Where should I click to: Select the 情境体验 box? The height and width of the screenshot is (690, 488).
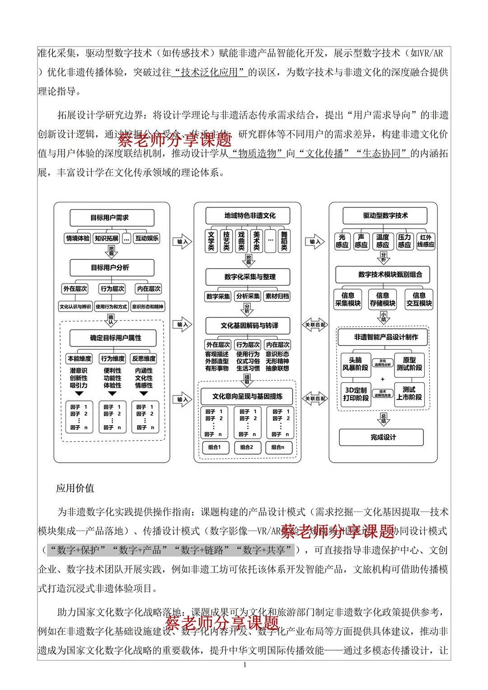click(x=78, y=238)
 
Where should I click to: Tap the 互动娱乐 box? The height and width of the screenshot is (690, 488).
click(x=147, y=238)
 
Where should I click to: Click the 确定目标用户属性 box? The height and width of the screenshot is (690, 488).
click(x=113, y=338)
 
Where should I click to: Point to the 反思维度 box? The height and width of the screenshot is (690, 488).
click(x=144, y=358)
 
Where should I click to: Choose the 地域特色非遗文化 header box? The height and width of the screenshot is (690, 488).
click(x=248, y=216)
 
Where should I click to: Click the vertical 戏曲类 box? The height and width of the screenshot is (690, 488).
click(x=241, y=241)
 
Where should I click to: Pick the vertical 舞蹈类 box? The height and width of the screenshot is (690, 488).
click(x=284, y=241)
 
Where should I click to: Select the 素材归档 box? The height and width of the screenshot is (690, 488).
click(x=277, y=296)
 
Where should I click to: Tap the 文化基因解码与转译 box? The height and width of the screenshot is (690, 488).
click(x=248, y=325)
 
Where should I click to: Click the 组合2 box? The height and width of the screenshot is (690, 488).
click(x=247, y=447)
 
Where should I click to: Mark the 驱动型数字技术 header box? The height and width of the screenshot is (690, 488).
click(x=385, y=216)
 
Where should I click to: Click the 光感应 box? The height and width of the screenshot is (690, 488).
click(x=342, y=241)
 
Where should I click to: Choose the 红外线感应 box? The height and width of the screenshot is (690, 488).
click(x=426, y=241)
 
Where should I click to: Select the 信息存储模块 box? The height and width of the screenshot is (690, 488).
click(x=383, y=299)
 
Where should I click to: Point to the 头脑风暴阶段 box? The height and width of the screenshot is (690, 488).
click(x=356, y=364)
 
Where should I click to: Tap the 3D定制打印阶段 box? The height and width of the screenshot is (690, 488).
click(x=356, y=394)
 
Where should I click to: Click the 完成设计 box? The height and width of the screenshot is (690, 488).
click(x=381, y=437)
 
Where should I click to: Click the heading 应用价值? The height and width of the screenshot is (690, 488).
click(x=75, y=488)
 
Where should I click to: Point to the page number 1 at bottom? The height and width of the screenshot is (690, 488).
click(x=244, y=665)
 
